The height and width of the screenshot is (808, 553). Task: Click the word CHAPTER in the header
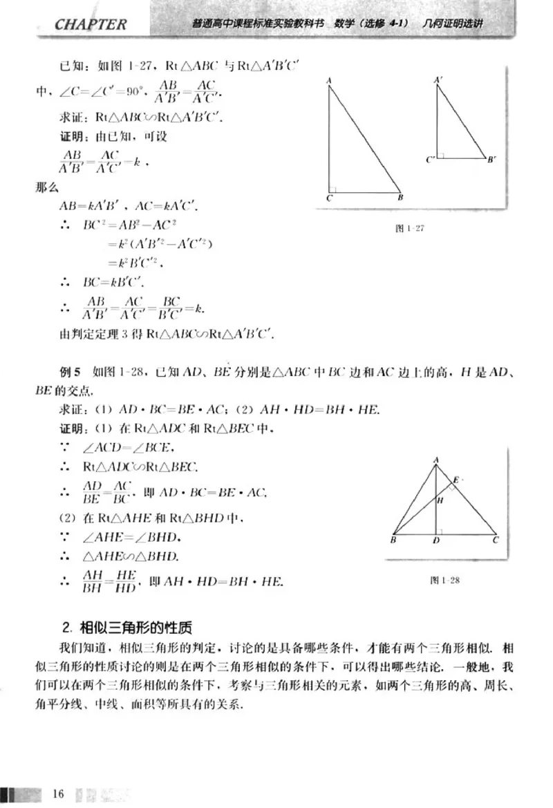pyautogui.click(x=91, y=25)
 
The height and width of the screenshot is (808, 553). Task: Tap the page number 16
pyautogui.click(x=57, y=792)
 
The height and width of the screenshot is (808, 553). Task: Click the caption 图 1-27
pyautogui.click(x=409, y=228)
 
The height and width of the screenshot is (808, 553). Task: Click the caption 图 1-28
pyautogui.click(x=444, y=580)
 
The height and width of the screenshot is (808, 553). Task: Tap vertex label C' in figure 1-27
pyautogui.click(x=430, y=160)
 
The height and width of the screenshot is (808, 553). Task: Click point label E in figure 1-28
pyautogui.click(x=455, y=479)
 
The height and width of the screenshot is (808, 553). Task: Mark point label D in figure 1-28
pyautogui.click(x=436, y=541)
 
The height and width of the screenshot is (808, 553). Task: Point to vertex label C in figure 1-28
pyautogui.click(x=496, y=541)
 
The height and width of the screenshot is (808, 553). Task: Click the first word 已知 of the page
pyautogui.click(x=72, y=66)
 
